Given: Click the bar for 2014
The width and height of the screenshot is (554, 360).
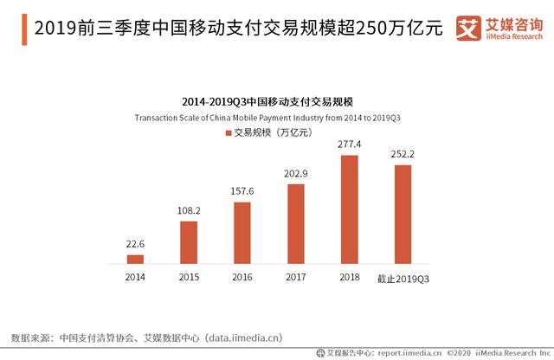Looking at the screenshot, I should [x=135, y=259].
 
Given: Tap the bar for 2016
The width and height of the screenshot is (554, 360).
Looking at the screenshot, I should [x=242, y=233].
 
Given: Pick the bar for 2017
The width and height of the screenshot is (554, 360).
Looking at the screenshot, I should [x=296, y=223].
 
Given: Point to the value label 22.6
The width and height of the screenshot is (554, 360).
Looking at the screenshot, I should [x=135, y=244].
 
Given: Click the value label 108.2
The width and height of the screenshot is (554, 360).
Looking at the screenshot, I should [x=189, y=210].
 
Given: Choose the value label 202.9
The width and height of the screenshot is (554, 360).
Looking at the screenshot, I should [x=296, y=173].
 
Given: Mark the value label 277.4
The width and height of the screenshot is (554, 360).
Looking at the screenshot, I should [x=350, y=144].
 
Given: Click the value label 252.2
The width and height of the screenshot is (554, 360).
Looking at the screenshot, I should [x=403, y=153].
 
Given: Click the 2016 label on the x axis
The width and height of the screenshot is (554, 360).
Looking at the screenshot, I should [x=242, y=277].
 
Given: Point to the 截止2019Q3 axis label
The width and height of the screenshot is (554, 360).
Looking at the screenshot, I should [x=403, y=277].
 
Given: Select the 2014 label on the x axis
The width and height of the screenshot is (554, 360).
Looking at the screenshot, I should [x=135, y=277].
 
